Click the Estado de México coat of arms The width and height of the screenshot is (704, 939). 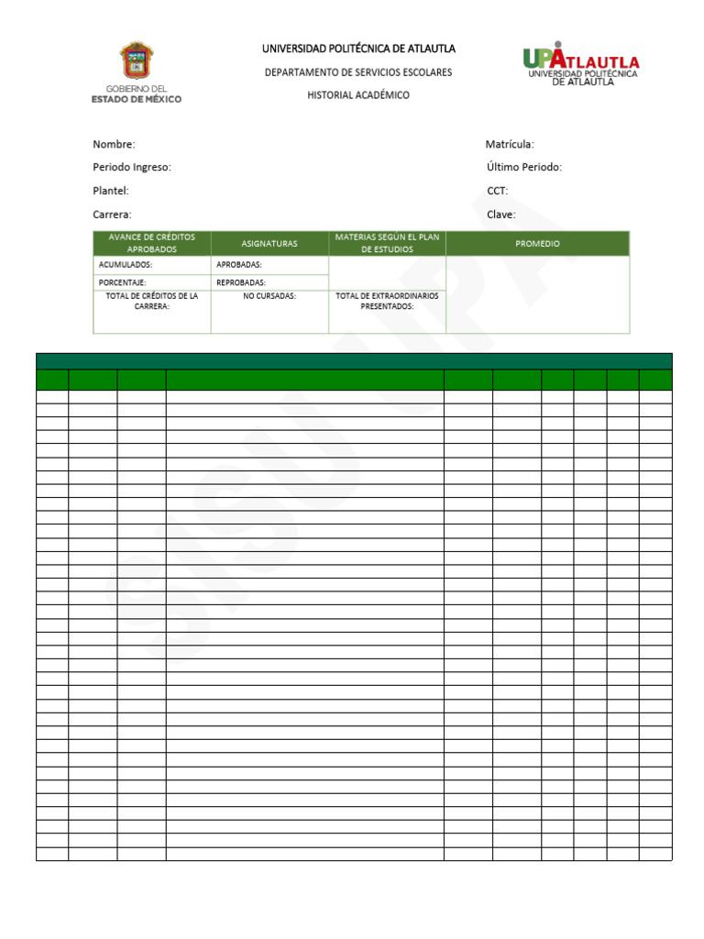click(137, 61)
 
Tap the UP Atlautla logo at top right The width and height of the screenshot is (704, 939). click(581, 63)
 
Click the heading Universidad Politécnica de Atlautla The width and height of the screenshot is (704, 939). click(358, 49)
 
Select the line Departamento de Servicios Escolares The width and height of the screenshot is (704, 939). click(358, 72)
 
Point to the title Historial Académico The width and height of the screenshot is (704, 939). click(358, 95)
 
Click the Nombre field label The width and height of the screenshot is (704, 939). click(114, 144)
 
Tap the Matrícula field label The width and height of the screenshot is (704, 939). click(510, 144)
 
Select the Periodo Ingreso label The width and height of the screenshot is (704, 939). click(132, 167)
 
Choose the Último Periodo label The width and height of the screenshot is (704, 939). click(524, 167)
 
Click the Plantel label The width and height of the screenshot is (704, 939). click(111, 191)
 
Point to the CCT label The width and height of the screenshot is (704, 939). click(498, 191)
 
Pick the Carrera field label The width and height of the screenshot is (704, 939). click(113, 215)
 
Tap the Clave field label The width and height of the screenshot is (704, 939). click(501, 215)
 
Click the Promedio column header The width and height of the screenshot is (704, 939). click(537, 244)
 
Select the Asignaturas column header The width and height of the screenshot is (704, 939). click(269, 244)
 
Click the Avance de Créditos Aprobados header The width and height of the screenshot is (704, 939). click(152, 243)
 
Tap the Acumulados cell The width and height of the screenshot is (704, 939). click(126, 265)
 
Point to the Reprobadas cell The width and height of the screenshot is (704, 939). click(241, 282)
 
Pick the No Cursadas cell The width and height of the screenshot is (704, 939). click(269, 296)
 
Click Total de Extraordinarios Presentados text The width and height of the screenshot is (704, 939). click(387, 302)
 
